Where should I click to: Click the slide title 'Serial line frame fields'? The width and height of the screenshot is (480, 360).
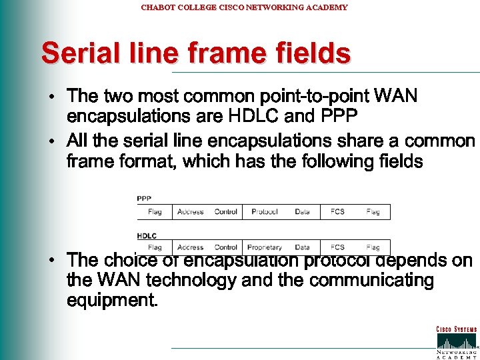click(x=195, y=53)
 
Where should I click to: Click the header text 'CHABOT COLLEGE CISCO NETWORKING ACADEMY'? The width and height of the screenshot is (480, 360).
click(x=244, y=7)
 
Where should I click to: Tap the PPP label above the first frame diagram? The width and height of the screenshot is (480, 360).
click(x=144, y=198)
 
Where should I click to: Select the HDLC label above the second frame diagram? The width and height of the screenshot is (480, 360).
click(x=147, y=235)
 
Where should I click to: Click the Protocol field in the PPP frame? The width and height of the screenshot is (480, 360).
click(x=265, y=212)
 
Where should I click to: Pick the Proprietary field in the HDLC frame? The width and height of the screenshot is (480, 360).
click(x=265, y=247)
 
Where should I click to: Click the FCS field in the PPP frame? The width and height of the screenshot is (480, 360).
click(x=337, y=212)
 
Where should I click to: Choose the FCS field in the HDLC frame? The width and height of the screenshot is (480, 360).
click(x=337, y=247)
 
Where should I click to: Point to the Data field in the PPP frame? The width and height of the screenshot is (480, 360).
click(x=302, y=212)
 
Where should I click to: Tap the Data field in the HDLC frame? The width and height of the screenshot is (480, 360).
click(x=302, y=247)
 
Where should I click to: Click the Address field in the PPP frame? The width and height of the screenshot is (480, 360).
click(x=191, y=212)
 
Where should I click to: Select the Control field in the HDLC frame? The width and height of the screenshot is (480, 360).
click(x=226, y=247)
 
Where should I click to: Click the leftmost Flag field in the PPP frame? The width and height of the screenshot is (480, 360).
click(x=155, y=212)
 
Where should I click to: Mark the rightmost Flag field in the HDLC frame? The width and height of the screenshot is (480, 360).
click(x=373, y=247)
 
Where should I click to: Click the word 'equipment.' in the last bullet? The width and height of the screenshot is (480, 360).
click(x=112, y=301)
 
